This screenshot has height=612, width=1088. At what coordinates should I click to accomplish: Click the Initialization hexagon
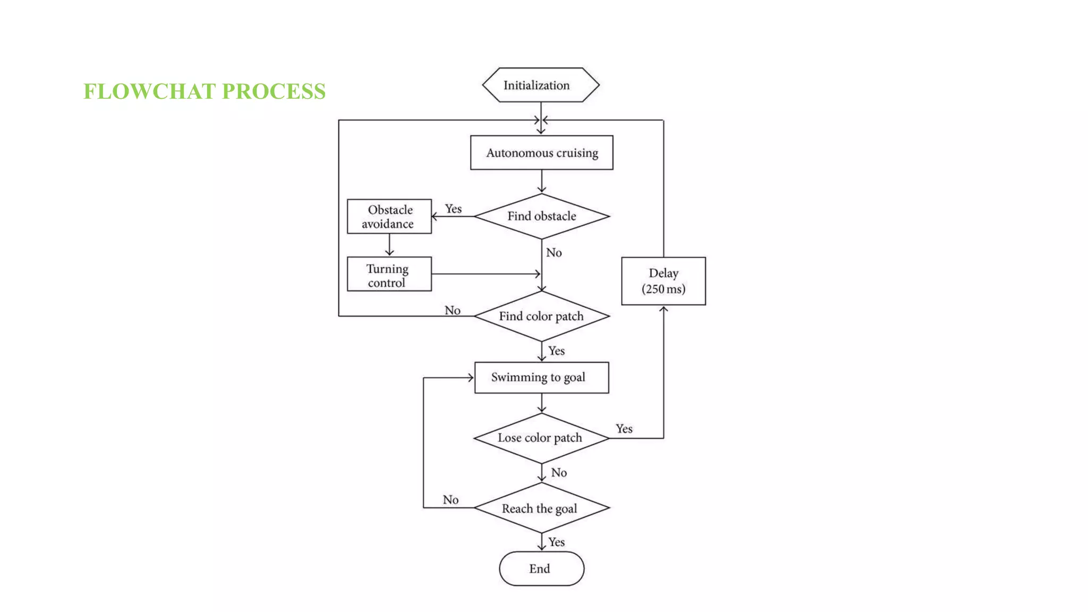(541, 85)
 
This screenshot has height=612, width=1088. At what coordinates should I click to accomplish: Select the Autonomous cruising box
(541, 153)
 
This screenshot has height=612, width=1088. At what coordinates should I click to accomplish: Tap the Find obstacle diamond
(541, 216)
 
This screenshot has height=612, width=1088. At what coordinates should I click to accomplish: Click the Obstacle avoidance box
(389, 217)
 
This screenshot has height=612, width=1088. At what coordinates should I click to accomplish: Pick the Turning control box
(389, 275)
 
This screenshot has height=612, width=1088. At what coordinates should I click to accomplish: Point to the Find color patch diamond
(541, 316)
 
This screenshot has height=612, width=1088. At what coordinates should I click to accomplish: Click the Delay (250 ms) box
(664, 281)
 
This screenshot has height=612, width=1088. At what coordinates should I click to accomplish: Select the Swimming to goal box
(541, 378)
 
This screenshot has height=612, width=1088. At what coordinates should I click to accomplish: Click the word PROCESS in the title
(274, 91)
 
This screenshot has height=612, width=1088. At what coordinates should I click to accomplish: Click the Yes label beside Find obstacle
(453, 209)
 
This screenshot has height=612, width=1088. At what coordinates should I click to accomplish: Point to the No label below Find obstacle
(554, 253)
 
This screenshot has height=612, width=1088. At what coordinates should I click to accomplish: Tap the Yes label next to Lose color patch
(624, 429)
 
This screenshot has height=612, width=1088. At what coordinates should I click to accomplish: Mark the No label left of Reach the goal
(450, 500)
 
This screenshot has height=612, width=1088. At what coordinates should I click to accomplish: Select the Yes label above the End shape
(556, 542)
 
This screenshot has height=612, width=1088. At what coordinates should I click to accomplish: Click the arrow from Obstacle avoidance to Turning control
(389, 246)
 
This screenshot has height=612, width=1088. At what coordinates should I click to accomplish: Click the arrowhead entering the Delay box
(664, 309)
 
